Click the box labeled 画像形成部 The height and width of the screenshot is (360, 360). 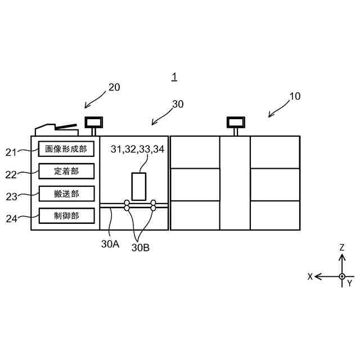click(66, 149)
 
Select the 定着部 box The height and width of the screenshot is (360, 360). click(66, 171)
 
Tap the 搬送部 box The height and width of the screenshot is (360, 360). click(66, 193)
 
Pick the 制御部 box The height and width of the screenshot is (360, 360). click(66, 215)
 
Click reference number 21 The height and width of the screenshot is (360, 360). click(12, 152)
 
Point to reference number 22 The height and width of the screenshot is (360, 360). click(12, 174)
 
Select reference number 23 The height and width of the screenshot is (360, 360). click(12, 197)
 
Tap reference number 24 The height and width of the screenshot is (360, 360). click(12, 219)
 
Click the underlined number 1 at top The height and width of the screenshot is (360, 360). click(174, 76)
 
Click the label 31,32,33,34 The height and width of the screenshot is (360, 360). click(138, 149)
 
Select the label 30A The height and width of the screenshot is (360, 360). click(110, 245)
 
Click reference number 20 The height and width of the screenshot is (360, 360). click(114, 87)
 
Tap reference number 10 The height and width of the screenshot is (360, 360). click(295, 96)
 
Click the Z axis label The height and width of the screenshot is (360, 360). click(341, 247)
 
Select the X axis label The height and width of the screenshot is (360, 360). click(309, 277)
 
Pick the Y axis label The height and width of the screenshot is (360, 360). click(349, 283)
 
